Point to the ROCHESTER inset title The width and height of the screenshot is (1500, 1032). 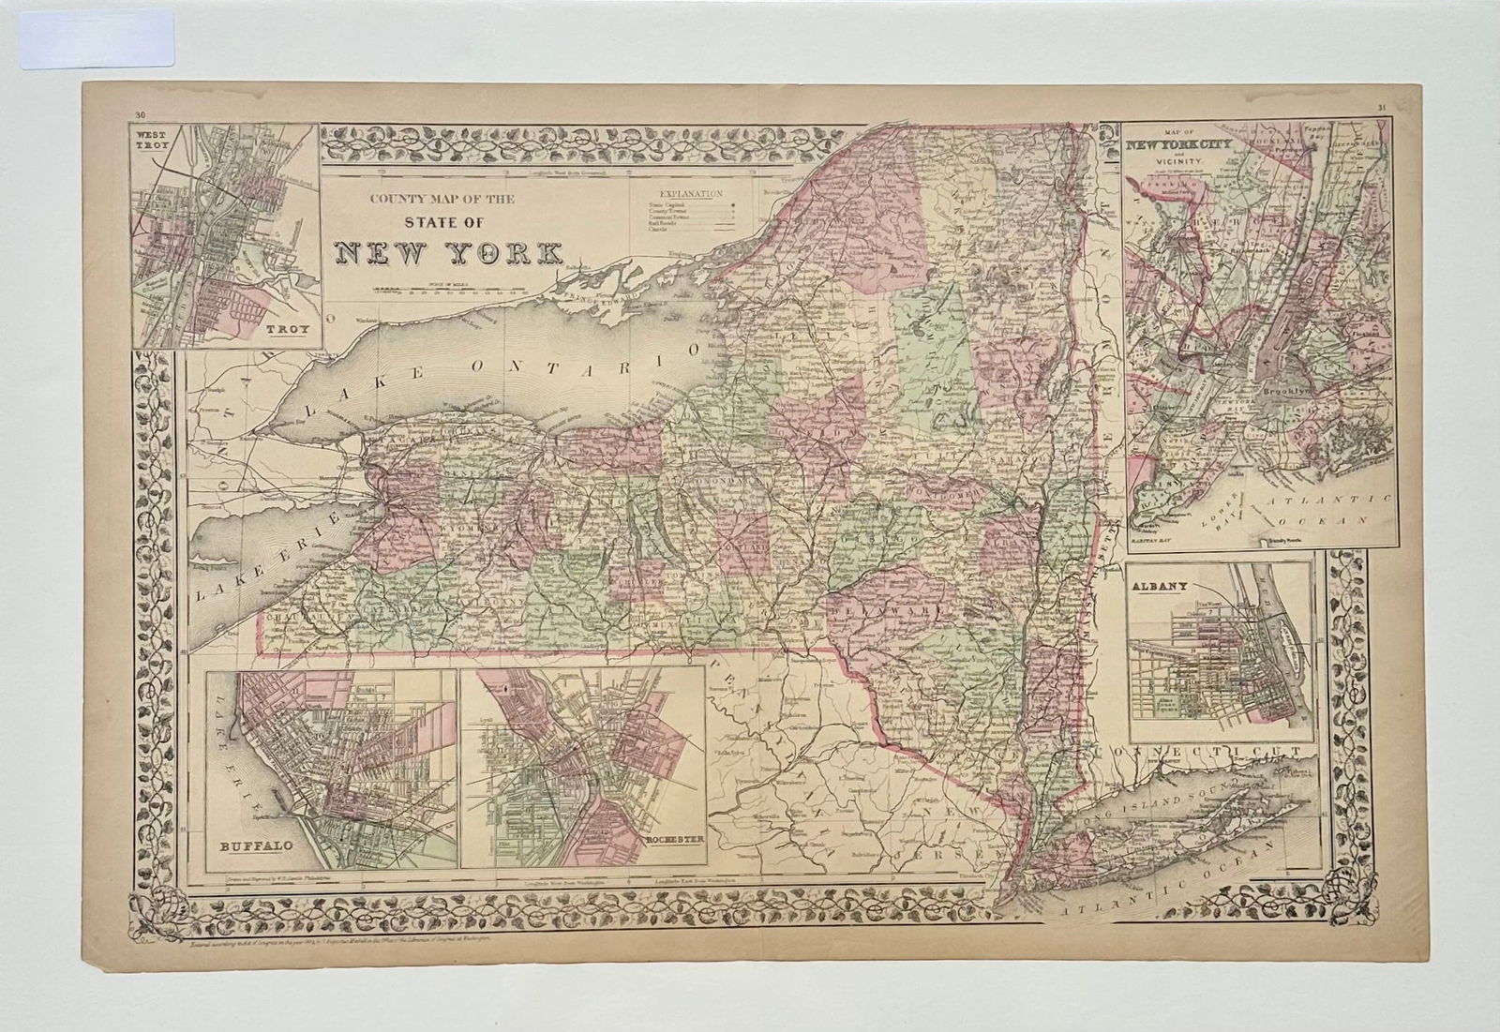tap(671, 840)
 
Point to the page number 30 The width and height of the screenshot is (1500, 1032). tap(141, 115)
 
